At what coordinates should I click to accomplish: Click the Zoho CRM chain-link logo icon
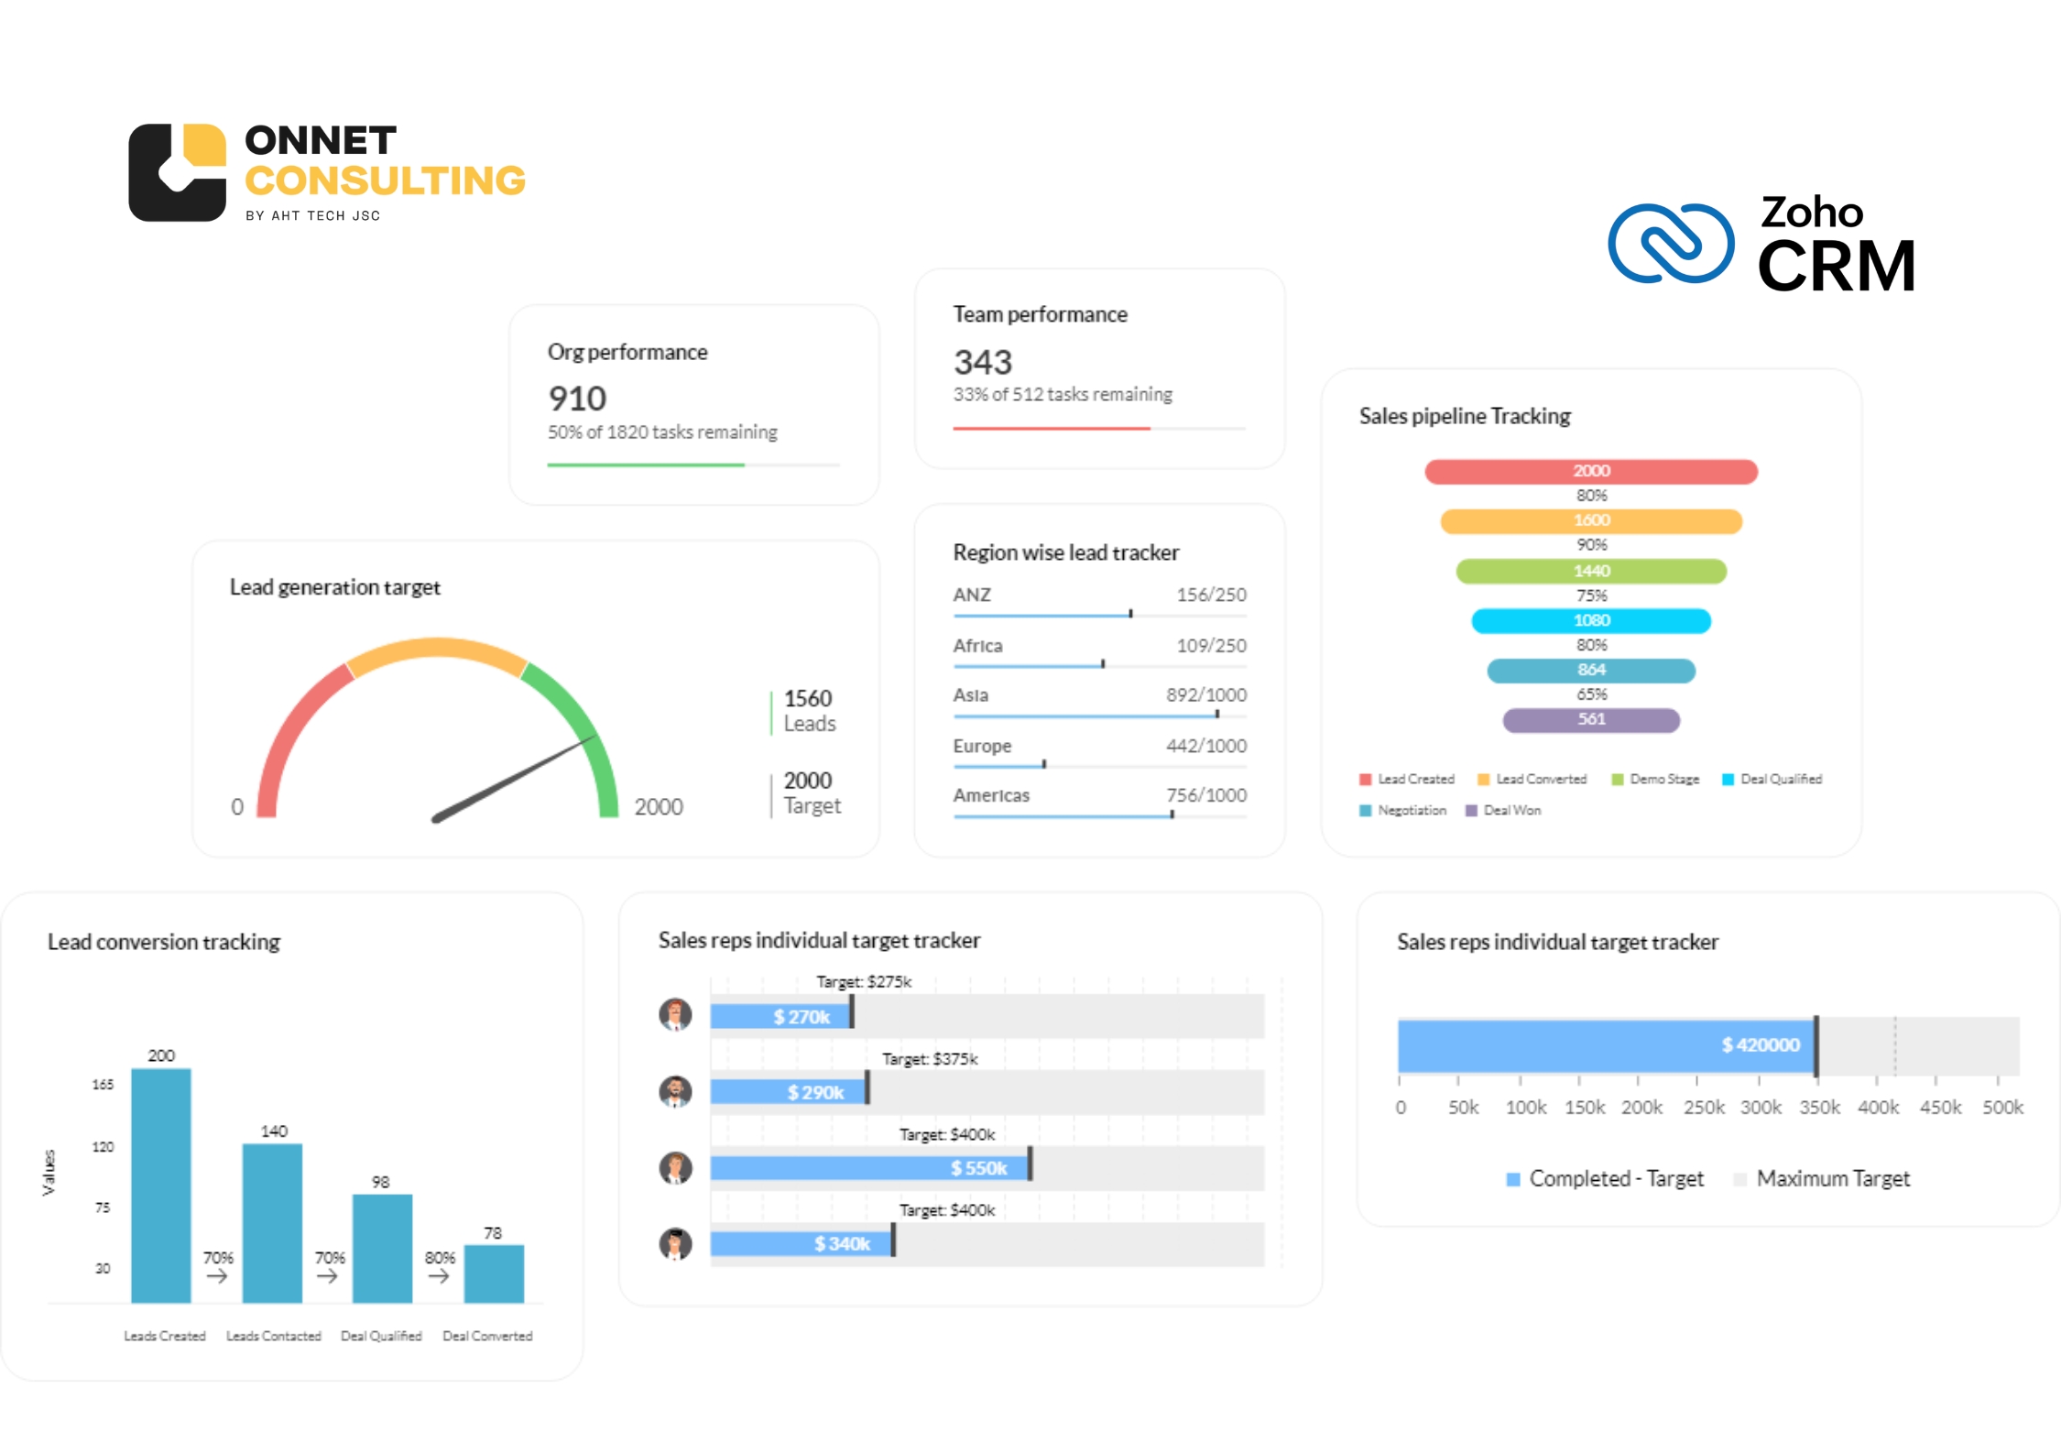point(1671,244)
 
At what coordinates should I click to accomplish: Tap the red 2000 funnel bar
point(1591,471)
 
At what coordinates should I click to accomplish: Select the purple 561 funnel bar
point(1591,720)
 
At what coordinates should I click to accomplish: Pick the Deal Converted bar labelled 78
point(494,1273)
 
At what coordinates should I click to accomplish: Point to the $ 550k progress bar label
point(978,1168)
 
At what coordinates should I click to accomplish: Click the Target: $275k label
point(864,982)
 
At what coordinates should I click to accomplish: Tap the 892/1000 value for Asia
point(1205,695)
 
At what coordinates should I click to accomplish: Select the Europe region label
point(982,746)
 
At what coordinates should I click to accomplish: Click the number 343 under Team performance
point(983,363)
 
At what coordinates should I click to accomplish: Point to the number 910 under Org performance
point(577,399)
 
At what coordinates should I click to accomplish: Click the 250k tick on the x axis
point(1703,1108)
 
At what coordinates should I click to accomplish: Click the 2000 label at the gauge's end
point(659,807)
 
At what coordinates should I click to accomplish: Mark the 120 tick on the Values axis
point(103,1147)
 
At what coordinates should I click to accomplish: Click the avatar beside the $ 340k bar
point(676,1244)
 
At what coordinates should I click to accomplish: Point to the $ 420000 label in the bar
point(1760,1045)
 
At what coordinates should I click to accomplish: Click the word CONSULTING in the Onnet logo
point(385,181)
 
